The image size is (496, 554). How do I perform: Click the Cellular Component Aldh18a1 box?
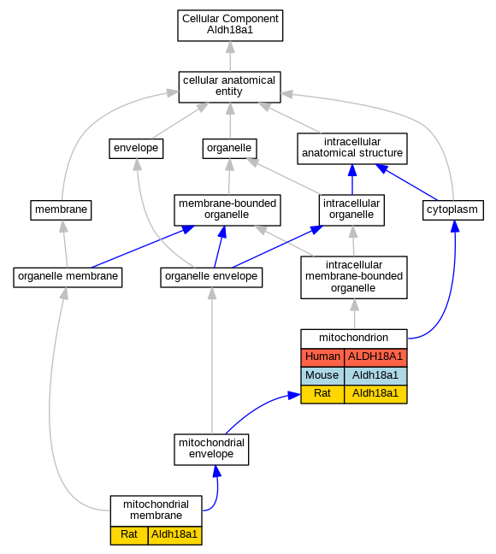230,26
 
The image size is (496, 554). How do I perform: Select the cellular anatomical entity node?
230,87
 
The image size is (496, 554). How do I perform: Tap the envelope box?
136,149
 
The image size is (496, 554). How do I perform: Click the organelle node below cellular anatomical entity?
229,149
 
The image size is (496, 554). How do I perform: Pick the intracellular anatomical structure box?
352,149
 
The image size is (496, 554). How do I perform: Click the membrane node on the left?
61,210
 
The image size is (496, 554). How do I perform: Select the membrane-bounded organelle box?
227,210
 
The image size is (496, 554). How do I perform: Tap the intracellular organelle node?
351,210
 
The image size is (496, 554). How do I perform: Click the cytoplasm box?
453,210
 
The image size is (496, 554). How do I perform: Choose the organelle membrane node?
68,277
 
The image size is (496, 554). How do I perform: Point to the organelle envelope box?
211,277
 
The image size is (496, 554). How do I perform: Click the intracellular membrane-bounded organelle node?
354,277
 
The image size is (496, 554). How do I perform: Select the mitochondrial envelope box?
211,450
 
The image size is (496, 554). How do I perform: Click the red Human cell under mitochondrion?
322,357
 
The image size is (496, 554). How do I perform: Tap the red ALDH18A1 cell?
375,357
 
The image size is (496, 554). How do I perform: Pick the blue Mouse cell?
322,376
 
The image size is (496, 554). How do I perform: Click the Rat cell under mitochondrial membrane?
129,535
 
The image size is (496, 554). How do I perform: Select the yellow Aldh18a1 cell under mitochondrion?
375,394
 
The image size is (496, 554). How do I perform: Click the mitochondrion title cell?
354,339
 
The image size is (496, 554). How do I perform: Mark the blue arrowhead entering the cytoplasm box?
455,226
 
